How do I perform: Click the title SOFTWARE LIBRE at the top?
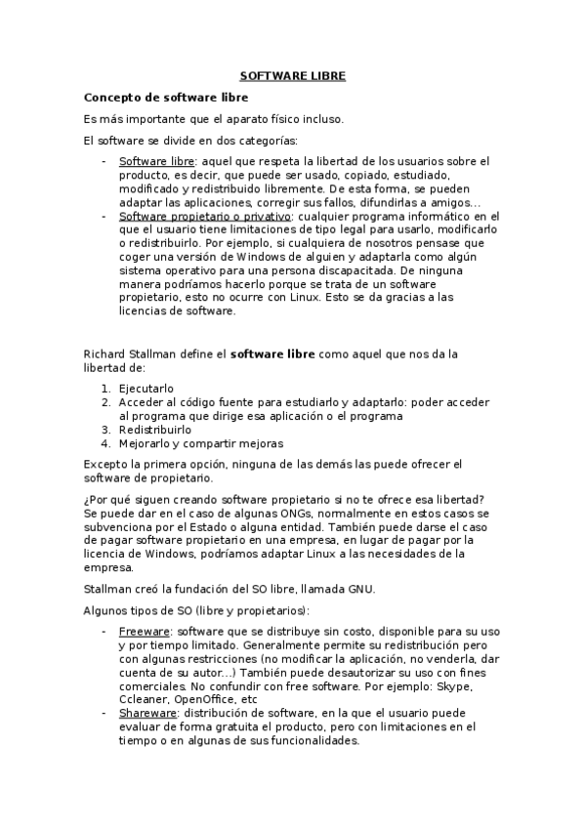pos(292,75)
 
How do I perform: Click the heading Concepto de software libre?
pos(166,98)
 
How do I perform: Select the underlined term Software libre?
pos(156,161)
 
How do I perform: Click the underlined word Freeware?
pos(145,632)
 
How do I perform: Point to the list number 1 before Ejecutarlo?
pos(105,389)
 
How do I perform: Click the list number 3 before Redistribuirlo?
pos(105,430)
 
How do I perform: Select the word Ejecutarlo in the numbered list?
pos(146,389)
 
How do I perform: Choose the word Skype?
pos(457,686)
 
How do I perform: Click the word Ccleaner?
pos(144,700)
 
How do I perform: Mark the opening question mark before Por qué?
pos(87,499)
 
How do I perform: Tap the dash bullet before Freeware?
pos(104,632)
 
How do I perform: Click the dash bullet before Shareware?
pos(104,714)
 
